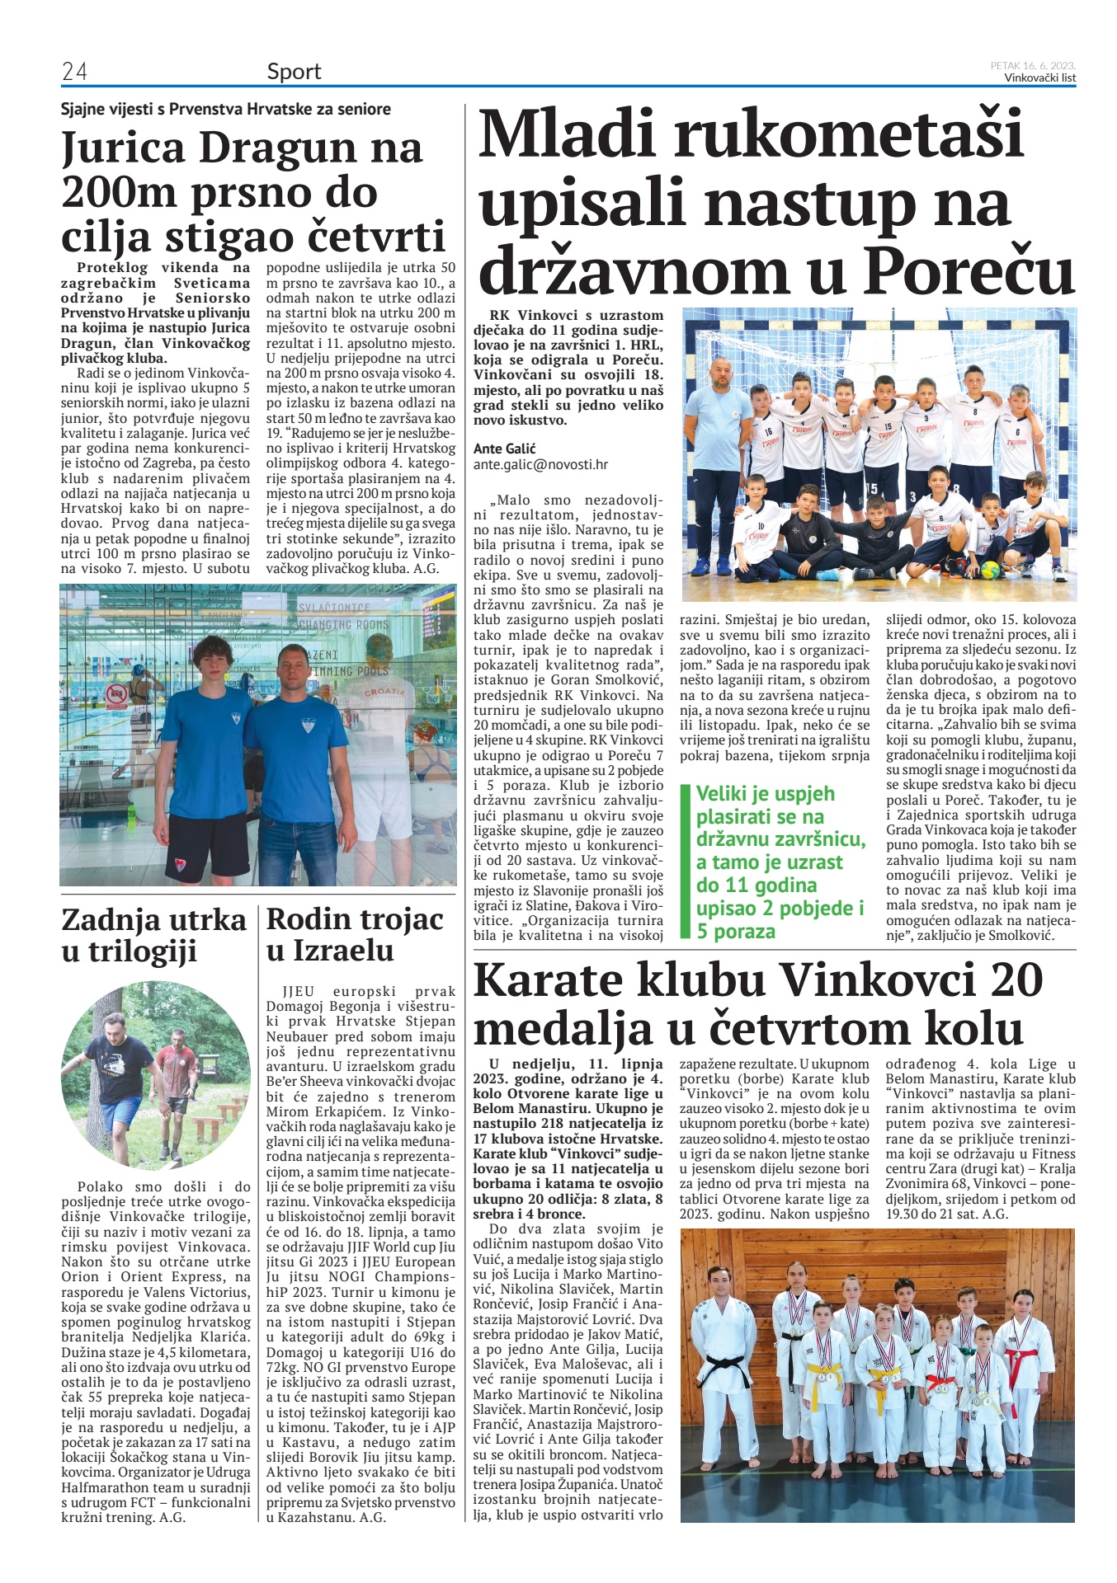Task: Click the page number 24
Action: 74,72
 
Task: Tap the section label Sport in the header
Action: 294,72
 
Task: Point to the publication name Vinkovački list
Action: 1039,78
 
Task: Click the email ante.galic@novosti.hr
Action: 540,464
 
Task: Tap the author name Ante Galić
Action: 504,448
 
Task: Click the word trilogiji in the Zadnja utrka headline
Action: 143,951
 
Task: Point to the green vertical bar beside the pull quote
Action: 684,861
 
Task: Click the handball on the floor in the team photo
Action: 991,570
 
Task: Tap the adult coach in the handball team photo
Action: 717,462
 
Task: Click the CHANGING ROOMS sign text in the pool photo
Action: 342,625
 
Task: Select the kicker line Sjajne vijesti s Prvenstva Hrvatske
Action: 225,109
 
